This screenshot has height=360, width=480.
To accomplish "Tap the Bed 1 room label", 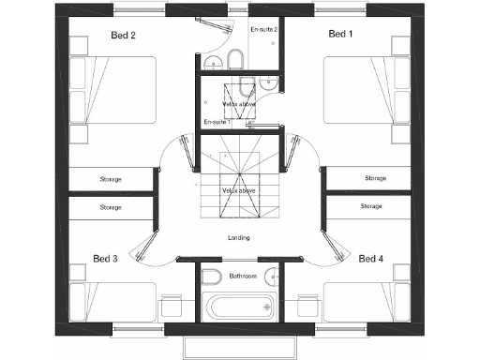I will coord(340,35).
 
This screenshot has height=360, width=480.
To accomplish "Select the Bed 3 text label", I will coord(105,258).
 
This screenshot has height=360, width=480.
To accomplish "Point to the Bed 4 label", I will coord(371,258).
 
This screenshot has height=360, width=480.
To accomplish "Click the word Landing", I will coord(239,238).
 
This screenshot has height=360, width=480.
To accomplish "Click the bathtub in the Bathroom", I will coord(239,306).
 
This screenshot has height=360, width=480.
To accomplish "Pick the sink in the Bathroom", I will coord(269,276).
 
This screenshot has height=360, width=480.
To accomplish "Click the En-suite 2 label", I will coord(263,29).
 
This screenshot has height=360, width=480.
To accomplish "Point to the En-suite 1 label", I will coord(217,123).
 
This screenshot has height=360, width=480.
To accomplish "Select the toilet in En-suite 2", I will coord(235,62).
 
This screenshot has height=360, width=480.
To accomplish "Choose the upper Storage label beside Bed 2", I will coord(112,178).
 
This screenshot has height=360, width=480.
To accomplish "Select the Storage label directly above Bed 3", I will coord(112,205).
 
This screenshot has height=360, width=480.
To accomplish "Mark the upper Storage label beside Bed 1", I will coord(375,177).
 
